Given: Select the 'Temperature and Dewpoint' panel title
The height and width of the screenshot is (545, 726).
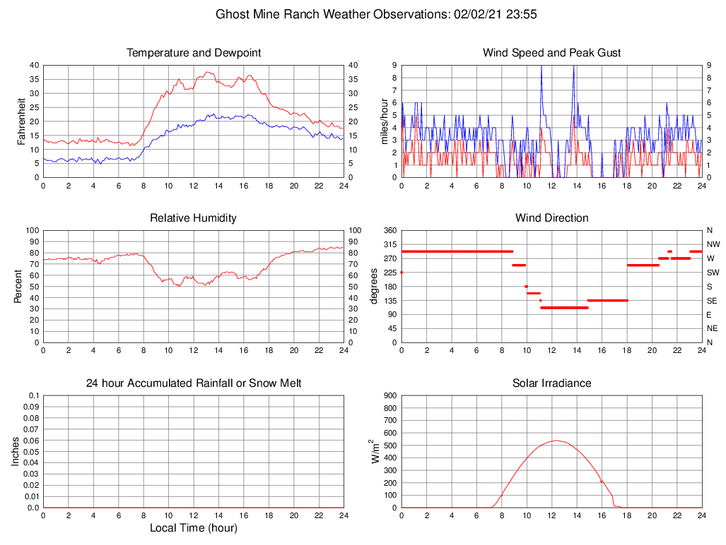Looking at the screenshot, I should [x=194, y=53].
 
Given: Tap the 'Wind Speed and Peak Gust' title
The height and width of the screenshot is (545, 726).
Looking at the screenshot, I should [x=552, y=53].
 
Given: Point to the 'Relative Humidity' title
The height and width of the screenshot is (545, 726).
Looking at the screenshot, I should [x=194, y=218].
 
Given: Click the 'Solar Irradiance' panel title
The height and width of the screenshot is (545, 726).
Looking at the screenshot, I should [x=552, y=383].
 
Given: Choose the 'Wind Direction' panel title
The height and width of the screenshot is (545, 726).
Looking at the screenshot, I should [x=552, y=218].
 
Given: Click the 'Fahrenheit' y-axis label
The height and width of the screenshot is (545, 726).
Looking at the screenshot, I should [x=22, y=121].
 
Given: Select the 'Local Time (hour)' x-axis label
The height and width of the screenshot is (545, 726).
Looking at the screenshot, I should [x=194, y=528].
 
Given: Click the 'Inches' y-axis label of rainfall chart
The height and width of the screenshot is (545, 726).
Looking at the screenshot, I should [x=16, y=451].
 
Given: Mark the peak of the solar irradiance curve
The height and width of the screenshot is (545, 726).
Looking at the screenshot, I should [x=556, y=441].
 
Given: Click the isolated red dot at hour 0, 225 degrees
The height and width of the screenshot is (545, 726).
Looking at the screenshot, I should [x=402, y=272].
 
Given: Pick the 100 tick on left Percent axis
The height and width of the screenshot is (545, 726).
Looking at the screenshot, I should [x=32, y=230].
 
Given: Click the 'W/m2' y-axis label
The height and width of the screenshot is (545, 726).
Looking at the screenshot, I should [x=375, y=451].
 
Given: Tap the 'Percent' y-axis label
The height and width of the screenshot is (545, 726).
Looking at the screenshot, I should [x=18, y=286].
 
